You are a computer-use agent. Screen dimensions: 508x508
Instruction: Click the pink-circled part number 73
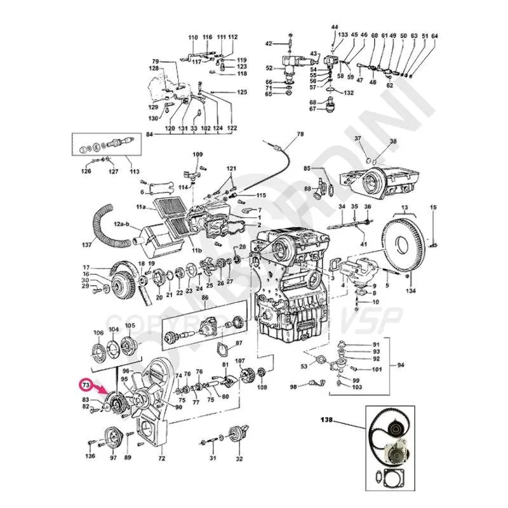(x=84, y=385)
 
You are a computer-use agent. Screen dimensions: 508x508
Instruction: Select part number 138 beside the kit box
(x=326, y=420)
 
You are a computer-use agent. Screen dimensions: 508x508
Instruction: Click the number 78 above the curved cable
(x=300, y=134)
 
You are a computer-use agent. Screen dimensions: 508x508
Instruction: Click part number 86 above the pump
(x=205, y=297)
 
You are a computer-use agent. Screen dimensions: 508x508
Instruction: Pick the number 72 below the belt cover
(x=161, y=458)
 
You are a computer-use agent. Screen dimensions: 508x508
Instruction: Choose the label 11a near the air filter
(x=140, y=208)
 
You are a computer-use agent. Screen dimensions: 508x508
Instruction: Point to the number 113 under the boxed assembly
(x=135, y=171)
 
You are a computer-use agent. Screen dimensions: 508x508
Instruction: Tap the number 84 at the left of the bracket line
(x=149, y=135)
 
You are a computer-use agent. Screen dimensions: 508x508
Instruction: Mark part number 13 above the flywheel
(x=404, y=207)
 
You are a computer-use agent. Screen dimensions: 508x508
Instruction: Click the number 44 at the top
(x=335, y=27)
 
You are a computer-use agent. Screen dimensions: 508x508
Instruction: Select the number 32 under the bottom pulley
(x=239, y=458)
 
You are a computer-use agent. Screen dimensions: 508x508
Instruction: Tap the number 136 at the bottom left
(x=91, y=456)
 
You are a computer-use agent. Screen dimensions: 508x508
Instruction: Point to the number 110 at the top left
(x=193, y=37)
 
